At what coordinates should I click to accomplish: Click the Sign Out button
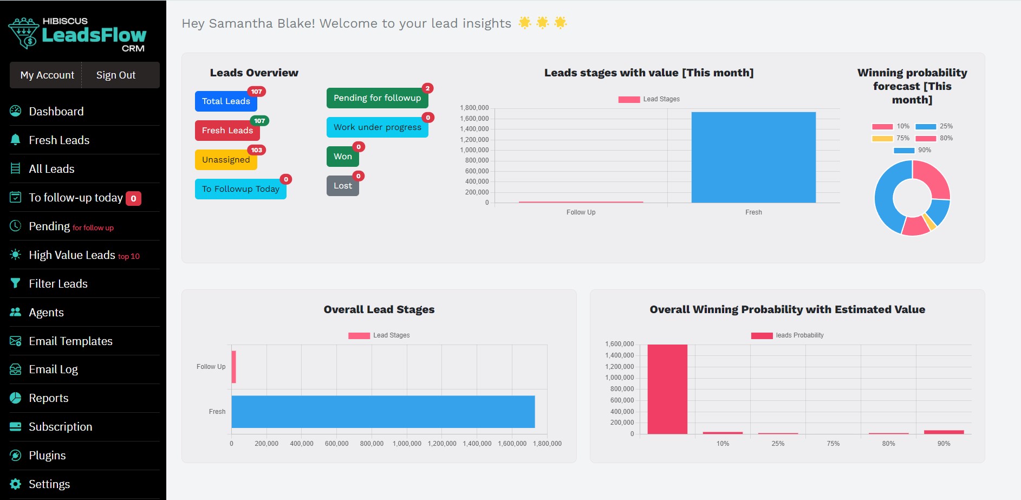(115, 75)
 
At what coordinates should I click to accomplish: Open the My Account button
(47, 75)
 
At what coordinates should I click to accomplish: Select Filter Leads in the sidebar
(58, 283)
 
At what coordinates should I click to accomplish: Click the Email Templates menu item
(70, 341)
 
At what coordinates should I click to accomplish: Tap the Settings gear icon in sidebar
(16, 484)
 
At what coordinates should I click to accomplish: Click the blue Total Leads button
(225, 101)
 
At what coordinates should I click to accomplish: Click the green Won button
(342, 157)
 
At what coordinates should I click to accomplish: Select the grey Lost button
(342, 186)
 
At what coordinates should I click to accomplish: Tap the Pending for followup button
(377, 98)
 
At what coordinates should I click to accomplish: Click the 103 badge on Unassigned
(256, 150)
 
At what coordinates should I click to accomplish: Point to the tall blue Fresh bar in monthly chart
(753, 157)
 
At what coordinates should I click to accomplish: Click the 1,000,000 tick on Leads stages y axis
(474, 150)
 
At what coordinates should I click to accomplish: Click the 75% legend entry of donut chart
(891, 138)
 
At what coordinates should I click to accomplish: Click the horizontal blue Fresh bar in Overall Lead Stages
(382, 411)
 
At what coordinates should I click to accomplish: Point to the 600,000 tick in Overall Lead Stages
(336, 443)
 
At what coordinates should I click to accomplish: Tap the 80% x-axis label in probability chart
(888, 443)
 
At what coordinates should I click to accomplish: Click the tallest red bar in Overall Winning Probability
(667, 388)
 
